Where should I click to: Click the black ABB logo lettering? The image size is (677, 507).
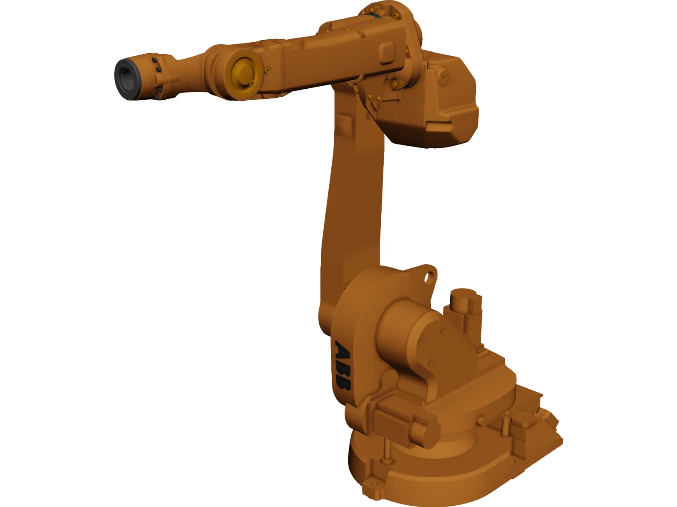click(342, 365)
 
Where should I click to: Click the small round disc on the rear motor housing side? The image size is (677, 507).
click(443, 77)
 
